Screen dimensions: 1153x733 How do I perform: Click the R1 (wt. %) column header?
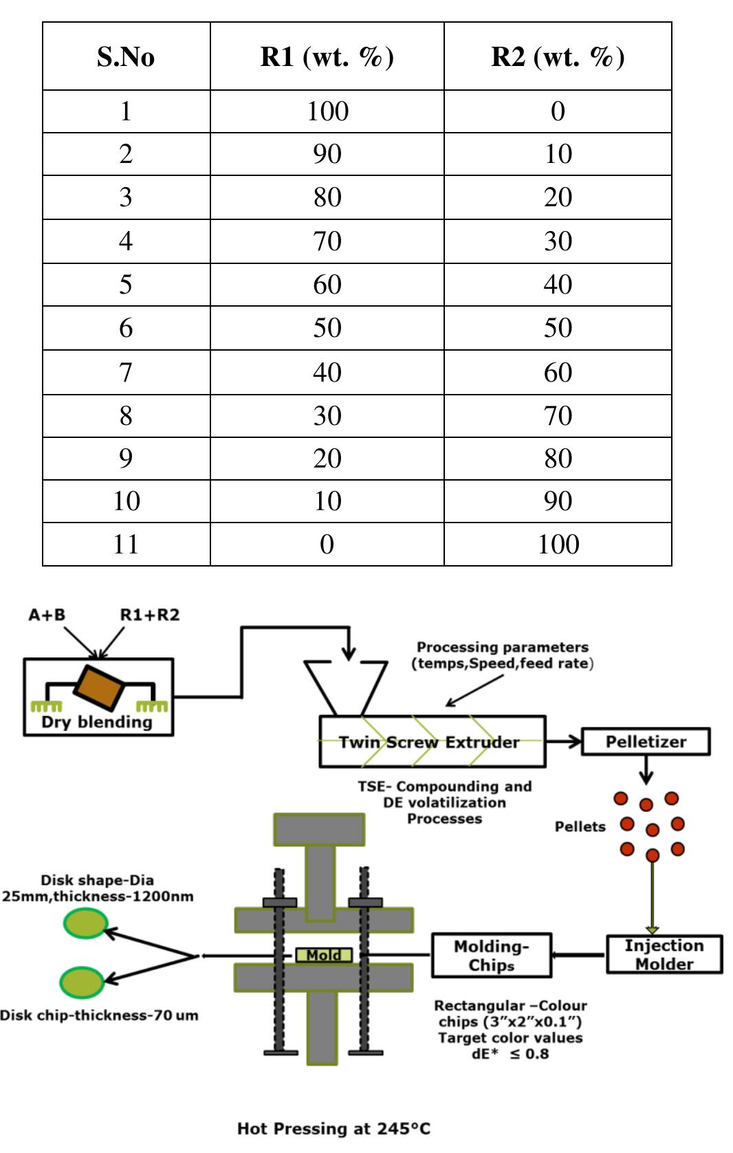tap(327, 57)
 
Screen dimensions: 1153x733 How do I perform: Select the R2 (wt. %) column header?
tap(558, 57)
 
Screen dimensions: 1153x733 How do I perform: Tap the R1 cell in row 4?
tap(327, 241)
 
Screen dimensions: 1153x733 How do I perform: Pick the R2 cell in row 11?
tap(558, 545)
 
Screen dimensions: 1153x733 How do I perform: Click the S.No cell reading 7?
tap(126, 372)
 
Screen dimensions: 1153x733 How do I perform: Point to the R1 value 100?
tap(327, 111)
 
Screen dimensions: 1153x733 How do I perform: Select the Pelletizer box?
tap(646, 742)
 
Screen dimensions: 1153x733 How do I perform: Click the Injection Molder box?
tap(664, 954)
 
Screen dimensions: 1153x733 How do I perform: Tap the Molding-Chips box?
tap(491, 955)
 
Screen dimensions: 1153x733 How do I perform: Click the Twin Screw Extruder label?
tap(429, 743)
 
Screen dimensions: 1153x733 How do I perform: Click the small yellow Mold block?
tap(324, 955)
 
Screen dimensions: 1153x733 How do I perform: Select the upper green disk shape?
tap(85, 923)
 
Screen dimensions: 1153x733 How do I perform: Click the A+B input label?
tap(47, 615)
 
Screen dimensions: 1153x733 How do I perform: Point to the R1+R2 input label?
tap(149, 615)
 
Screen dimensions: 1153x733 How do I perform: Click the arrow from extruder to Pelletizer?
tap(563, 742)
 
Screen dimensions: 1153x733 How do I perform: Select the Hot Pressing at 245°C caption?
tap(333, 1128)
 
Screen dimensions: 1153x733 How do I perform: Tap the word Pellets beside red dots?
tap(580, 826)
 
